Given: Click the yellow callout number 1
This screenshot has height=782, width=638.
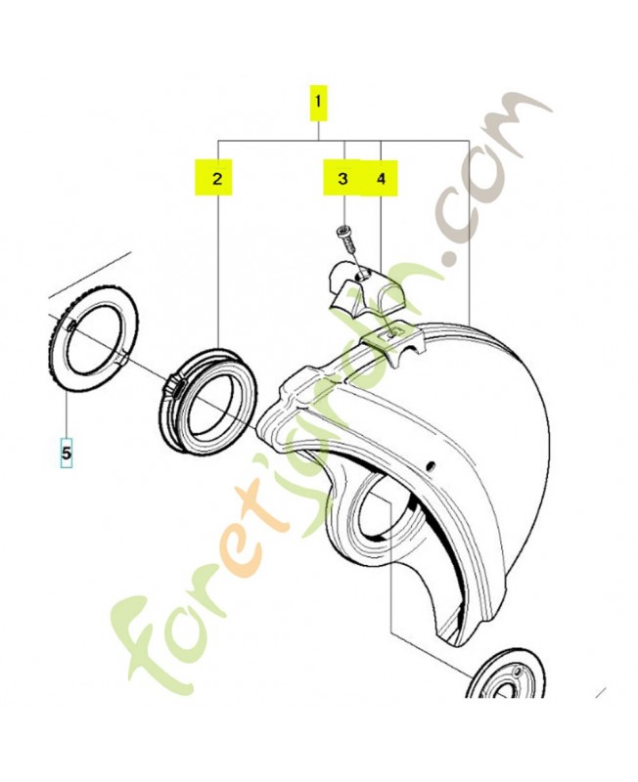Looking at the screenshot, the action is point(318,104).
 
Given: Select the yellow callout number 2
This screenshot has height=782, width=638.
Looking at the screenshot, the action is point(216,177).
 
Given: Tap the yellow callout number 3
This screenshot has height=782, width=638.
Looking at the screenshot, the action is point(342,178).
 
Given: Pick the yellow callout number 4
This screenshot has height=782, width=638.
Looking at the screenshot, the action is point(381,178).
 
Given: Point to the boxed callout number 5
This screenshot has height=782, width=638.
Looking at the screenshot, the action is point(67,453).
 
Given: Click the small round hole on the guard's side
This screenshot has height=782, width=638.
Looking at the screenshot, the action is point(431,466).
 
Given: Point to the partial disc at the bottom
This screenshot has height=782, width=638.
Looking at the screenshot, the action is point(505,673).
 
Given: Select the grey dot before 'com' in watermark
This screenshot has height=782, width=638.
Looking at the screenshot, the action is point(453,257).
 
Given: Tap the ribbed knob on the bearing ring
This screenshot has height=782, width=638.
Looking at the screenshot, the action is point(174,385).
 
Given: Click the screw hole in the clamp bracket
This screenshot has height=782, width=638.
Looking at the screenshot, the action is point(364,274).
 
